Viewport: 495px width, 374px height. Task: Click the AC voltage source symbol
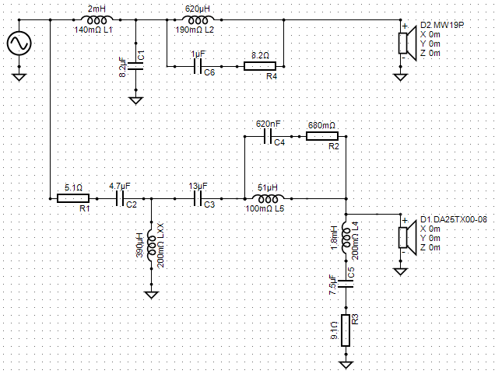click(19, 44)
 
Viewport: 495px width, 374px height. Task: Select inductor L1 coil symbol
click(97, 20)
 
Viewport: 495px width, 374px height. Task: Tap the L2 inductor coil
click(198, 20)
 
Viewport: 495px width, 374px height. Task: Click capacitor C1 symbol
click(136, 66)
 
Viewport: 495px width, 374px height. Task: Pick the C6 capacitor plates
click(198, 67)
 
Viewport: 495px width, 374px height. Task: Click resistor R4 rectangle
click(260, 66)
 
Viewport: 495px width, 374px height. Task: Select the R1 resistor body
click(73, 198)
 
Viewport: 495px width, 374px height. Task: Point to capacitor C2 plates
click(120, 199)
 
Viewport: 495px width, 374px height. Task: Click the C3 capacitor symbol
click(198, 199)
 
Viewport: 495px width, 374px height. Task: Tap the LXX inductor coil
click(152, 242)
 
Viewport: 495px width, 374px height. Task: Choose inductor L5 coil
click(268, 199)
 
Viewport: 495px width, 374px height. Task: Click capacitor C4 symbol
click(268, 137)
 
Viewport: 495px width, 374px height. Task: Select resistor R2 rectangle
click(322, 136)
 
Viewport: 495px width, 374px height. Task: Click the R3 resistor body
click(346, 330)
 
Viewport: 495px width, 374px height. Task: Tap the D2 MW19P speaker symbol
click(407, 44)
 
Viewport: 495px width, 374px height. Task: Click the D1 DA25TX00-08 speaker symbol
click(407, 237)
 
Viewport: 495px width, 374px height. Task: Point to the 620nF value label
click(268, 124)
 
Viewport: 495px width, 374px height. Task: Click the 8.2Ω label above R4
click(260, 55)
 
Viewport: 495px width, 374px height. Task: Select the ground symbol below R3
click(346, 365)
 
